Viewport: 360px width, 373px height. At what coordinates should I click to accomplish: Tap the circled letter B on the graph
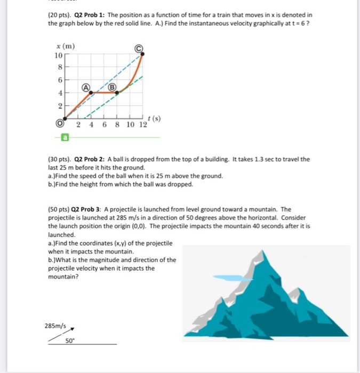click(x=113, y=86)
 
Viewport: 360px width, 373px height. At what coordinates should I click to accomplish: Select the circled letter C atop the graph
click(x=140, y=48)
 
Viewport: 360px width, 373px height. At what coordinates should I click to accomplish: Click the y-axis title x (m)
click(x=65, y=46)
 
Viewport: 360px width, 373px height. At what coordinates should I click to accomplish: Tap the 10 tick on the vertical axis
click(x=58, y=55)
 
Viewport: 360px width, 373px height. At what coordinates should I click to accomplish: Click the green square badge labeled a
click(x=65, y=137)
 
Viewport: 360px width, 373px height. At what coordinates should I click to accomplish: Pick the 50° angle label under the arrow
click(x=70, y=340)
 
